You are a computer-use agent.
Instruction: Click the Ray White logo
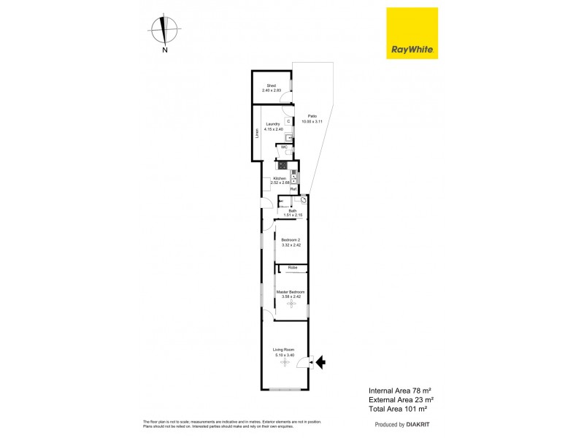click(412, 33)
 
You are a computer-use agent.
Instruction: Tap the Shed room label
click(271, 85)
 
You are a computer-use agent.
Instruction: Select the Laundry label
click(273, 124)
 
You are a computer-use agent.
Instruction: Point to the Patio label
click(312, 117)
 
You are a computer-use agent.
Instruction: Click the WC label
click(284, 147)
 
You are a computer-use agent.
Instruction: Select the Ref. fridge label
click(293, 189)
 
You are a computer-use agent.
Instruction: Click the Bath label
click(292, 211)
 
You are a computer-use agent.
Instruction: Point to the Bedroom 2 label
click(291, 240)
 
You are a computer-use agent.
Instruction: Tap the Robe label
click(292, 268)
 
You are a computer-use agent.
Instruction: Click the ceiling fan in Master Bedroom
click(291, 303)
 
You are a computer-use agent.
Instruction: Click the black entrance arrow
click(321, 360)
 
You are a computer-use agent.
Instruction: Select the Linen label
click(257, 134)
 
